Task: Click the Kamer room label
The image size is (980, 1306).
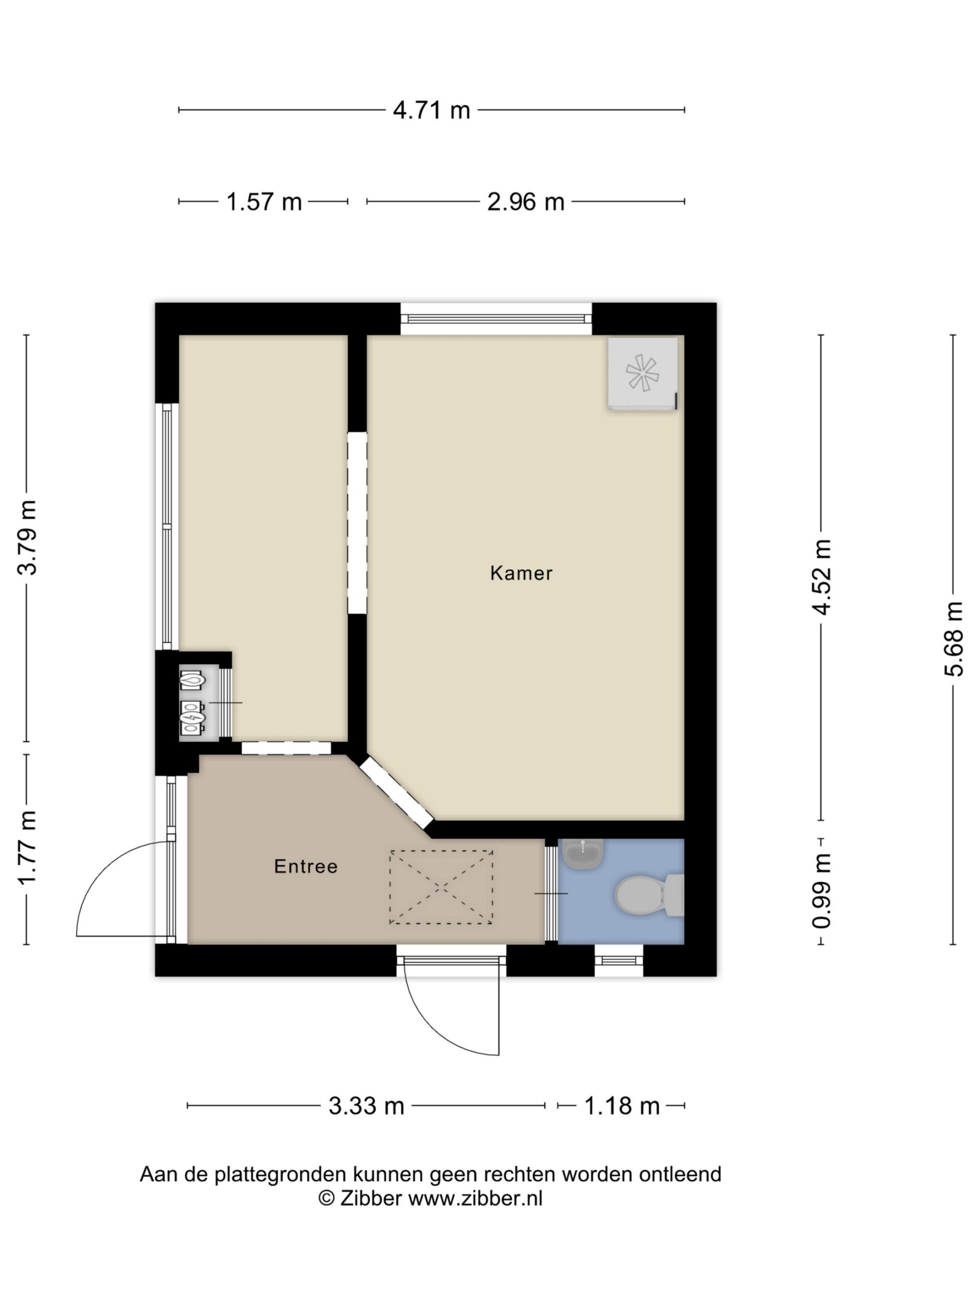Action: [x=521, y=573]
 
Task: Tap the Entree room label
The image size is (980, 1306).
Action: [x=306, y=866]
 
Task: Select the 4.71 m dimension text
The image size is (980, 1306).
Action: [x=431, y=110]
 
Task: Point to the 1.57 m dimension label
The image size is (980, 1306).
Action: [x=264, y=202]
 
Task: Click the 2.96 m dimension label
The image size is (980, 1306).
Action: [x=526, y=202]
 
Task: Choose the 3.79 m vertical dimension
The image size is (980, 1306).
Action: [x=27, y=537]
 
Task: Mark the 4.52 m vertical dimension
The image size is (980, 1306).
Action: [x=822, y=577]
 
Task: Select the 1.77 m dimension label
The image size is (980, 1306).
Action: [x=27, y=847]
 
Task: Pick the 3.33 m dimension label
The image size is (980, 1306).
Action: [x=366, y=1106]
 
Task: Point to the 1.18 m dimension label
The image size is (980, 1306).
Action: [x=622, y=1106]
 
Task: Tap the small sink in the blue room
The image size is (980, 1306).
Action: [x=582, y=853]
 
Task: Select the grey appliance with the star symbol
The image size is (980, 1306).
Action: [x=643, y=373]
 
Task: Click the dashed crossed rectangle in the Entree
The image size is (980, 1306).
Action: [x=440, y=887]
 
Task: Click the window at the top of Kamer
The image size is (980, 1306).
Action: [x=496, y=319]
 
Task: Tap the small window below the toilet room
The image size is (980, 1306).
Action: [x=619, y=961]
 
